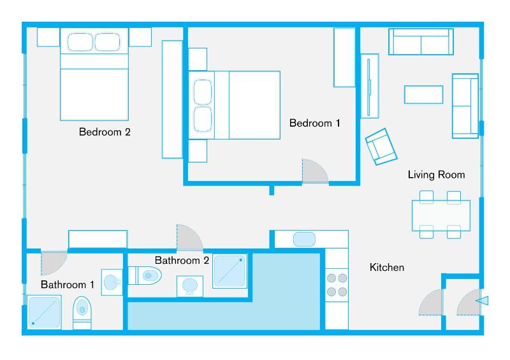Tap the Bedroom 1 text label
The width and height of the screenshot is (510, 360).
coord(314,123)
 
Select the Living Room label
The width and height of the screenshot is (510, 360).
coord(436,175)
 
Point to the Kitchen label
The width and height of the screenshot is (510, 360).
coord(387,268)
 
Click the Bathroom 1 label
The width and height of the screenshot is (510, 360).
coord(68,284)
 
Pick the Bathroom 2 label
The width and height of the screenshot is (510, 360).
coord(182,260)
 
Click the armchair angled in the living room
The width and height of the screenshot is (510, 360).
coord(381,145)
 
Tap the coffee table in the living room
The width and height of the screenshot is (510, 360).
coord(423,94)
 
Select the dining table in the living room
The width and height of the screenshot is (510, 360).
coord(441,215)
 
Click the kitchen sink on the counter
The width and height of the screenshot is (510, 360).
coord(305,239)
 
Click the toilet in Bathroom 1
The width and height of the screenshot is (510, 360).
coord(82,311)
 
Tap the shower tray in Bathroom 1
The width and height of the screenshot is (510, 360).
coord(44,312)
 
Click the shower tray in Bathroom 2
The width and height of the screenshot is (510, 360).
coord(229,271)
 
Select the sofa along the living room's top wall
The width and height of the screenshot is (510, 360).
coord(421,42)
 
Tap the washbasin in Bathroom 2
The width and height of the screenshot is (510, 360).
coord(189,286)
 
